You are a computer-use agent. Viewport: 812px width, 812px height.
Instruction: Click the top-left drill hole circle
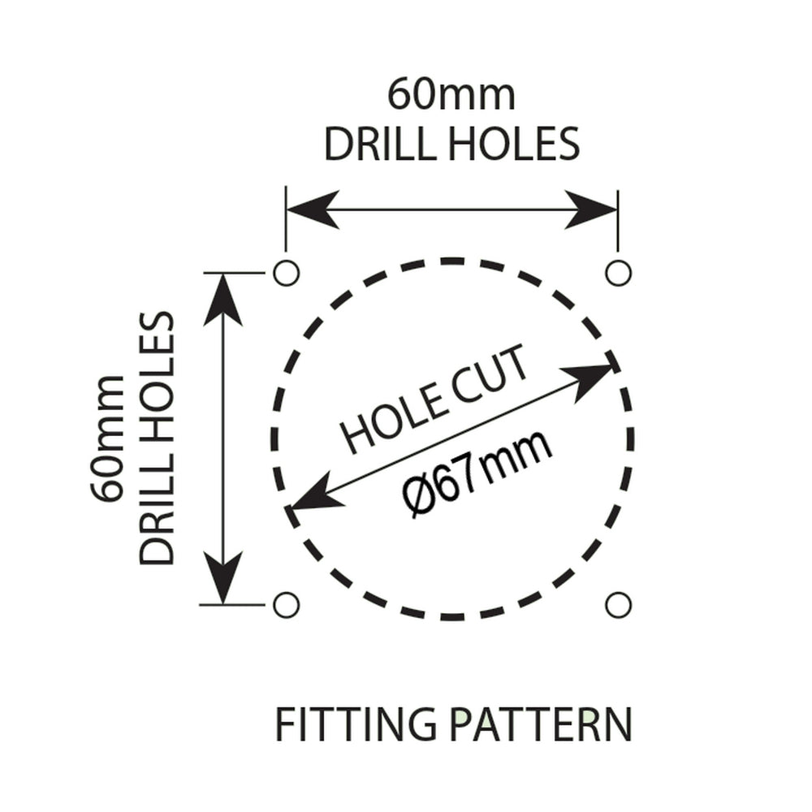point(286,273)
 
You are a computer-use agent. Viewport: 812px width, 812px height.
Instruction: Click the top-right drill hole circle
point(618,273)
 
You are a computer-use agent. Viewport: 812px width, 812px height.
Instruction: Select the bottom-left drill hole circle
point(286,605)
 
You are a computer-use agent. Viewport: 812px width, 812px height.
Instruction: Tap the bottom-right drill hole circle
point(618,605)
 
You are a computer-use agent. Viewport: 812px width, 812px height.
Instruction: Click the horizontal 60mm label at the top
point(451,94)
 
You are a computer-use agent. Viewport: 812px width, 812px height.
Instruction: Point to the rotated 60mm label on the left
point(108,438)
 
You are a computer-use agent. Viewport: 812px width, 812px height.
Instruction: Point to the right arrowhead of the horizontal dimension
point(592,209)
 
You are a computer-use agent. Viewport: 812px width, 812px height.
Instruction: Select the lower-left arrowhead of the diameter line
point(316,497)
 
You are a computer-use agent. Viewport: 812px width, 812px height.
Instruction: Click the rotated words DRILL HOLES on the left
point(158,438)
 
